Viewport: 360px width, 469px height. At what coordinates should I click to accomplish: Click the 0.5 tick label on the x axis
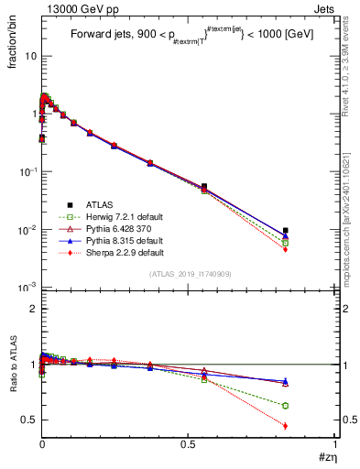pos(188,444)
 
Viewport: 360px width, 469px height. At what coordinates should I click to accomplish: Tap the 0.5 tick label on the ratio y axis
pos(28,420)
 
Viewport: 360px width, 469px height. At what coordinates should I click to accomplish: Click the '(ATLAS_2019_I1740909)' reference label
pos(189,274)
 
